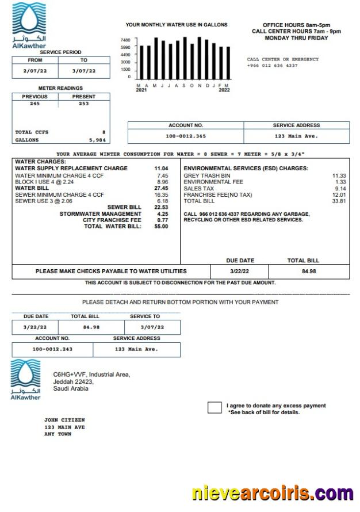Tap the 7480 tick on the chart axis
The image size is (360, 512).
[125, 40]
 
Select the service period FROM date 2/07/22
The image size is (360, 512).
[35, 71]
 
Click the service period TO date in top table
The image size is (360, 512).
[84, 71]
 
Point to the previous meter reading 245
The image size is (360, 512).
[35, 104]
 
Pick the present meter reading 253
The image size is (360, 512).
[84, 104]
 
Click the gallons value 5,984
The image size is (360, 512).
[97, 140]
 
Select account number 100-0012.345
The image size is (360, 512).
[185, 136]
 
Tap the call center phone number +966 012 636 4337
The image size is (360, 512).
[272, 66]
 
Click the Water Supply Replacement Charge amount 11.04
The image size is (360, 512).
[161, 169]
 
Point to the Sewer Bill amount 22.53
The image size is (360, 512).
[161, 207]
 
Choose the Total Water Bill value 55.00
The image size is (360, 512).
[161, 227]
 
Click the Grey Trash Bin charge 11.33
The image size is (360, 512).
[339, 175]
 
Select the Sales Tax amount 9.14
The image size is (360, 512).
[340, 188]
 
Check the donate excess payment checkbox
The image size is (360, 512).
[214, 408]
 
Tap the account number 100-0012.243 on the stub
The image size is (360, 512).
[52, 349]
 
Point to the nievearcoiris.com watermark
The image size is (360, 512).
[273, 494]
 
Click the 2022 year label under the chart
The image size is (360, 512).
[224, 90]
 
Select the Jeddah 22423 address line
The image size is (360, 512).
[73, 381]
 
